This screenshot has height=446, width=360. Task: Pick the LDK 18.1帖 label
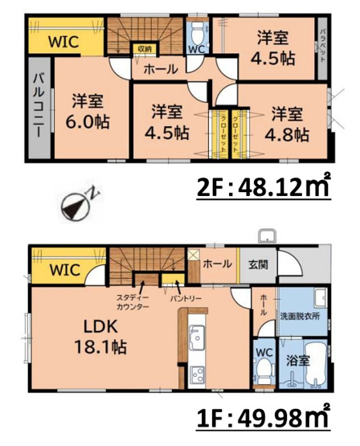pyautogui.click(x=100, y=338)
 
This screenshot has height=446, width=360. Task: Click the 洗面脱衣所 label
pyautogui.click(x=300, y=316)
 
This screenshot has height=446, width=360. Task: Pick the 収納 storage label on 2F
pyautogui.click(x=145, y=49)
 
